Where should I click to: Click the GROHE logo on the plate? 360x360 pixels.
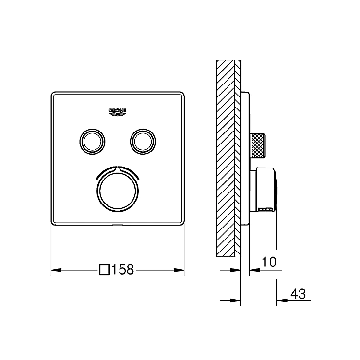click(x=118, y=111)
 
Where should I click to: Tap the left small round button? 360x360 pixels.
click(x=92, y=142)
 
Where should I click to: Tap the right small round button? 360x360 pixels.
click(x=143, y=142)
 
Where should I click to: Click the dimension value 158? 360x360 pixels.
click(x=122, y=270)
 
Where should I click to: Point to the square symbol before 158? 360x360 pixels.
click(x=105, y=270)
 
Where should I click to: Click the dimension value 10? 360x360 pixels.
click(x=269, y=262)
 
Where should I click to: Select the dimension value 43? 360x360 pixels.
click(x=298, y=294)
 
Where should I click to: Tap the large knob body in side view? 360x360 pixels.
click(x=264, y=190)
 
